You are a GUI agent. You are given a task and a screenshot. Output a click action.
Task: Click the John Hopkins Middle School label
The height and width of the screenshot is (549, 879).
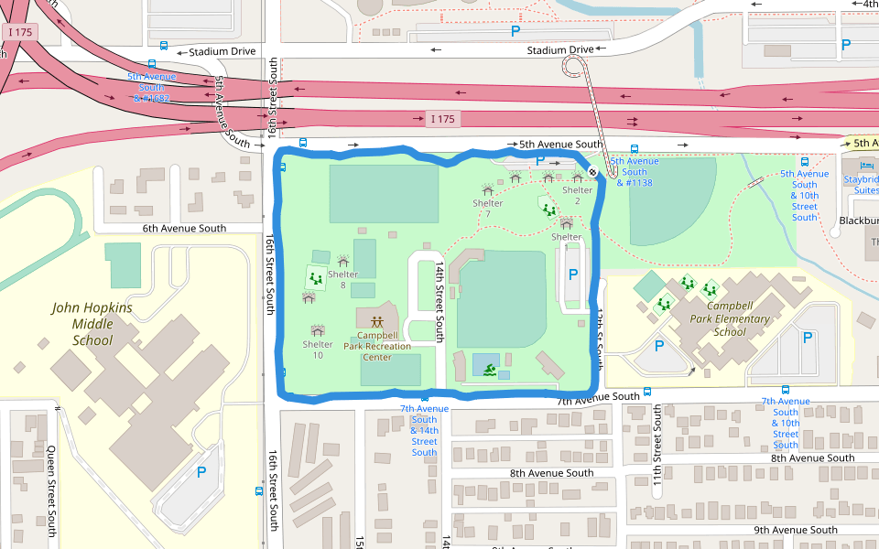tap(92, 324)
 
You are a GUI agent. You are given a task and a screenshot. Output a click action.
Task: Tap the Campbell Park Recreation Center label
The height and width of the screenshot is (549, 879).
tap(377, 346)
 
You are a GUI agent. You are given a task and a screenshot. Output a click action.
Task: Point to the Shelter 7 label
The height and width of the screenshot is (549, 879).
tap(488, 208)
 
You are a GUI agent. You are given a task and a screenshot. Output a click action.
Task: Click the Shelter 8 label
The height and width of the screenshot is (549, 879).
tap(342, 279)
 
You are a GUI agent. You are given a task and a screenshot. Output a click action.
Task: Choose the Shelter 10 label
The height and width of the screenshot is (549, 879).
tap(318, 349)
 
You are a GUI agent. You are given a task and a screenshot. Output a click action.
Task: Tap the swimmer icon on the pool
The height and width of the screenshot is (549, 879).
tap(490, 370)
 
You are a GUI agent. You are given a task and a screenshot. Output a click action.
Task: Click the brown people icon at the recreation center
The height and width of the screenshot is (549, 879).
tap(377, 321)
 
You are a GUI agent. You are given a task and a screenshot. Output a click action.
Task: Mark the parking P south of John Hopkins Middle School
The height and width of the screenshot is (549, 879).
tap(201, 472)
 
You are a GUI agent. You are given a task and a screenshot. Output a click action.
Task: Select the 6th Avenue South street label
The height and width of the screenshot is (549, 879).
tap(184, 228)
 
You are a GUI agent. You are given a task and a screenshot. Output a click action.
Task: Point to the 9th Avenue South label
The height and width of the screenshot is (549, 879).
tap(795, 530)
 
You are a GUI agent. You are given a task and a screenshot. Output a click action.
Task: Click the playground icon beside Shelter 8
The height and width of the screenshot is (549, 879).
tap(315, 276)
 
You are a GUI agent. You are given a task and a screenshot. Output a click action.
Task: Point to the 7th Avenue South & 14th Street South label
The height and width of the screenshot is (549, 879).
tap(424, 430)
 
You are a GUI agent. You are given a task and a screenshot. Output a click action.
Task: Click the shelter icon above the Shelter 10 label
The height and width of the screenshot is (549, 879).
tap(318, 330)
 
